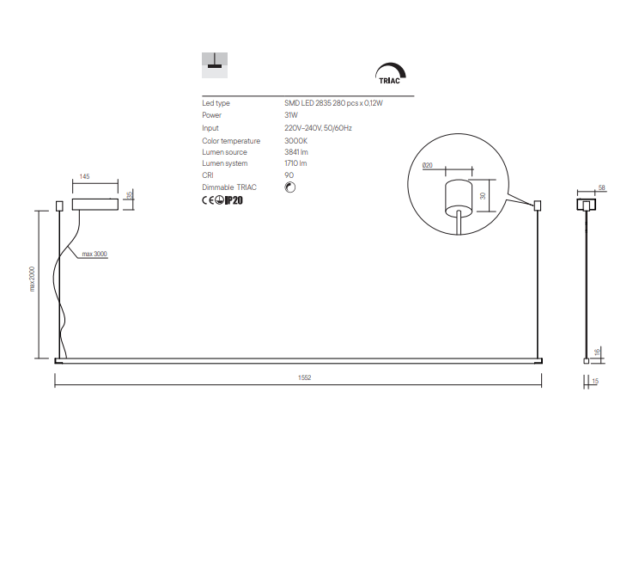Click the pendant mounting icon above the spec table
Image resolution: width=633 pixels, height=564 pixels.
214,61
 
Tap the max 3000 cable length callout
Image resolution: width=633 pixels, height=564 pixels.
94,254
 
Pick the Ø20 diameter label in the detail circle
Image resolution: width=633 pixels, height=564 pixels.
429,164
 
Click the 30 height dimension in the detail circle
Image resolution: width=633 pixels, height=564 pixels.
483,196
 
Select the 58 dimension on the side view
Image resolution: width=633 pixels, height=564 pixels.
601,187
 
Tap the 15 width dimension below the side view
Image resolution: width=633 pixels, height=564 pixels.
595,381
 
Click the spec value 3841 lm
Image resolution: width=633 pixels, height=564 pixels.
296,151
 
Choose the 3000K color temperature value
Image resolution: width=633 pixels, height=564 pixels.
295,140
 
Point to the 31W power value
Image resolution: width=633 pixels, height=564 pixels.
291,115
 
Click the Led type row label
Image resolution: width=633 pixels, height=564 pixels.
216,103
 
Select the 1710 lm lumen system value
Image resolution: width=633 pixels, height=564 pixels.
296,163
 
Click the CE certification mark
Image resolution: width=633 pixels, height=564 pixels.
207,200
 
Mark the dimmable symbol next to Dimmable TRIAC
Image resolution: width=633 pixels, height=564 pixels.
289,187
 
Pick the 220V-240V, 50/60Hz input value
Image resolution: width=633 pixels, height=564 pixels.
318,127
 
